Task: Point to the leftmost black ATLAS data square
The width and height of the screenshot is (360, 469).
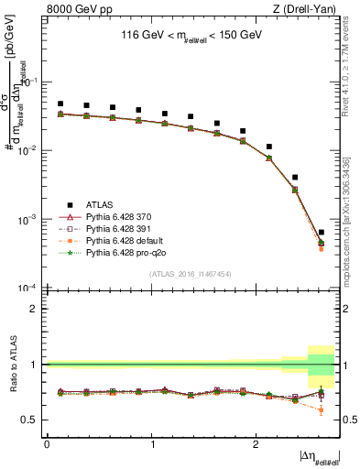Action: tap(60, 104)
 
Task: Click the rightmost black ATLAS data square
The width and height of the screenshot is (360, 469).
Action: tap(321, 233)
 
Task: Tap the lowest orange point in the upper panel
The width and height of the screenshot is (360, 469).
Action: tap(321, 248)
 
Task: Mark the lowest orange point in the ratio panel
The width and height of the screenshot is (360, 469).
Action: tap(321, 409)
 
